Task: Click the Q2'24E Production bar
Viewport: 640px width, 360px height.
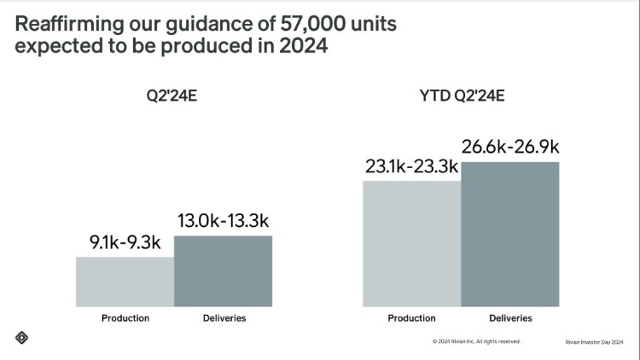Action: coord(125,282)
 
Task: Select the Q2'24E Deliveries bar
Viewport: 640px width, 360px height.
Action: coord(223,271)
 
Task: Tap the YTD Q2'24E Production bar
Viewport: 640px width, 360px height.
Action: coord(412,243)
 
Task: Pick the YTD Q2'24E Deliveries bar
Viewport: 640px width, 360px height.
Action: coord(510,234)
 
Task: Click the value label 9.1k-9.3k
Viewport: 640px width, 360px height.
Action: coord(125,243)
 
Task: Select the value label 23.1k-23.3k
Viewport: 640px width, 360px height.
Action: coord(412,167)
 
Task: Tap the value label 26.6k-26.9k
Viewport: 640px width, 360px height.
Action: coord(511,148)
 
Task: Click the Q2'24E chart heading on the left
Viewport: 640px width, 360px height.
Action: coord(173,96)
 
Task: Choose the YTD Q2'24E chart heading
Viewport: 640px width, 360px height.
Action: coord(461,96)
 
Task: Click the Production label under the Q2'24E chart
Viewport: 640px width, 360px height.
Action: coord(125,318)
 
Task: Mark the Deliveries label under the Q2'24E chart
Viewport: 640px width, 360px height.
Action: coord(224,318)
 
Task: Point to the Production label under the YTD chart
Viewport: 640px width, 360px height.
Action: coord(412,318)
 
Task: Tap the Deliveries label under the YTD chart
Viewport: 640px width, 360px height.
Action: coord(511,318)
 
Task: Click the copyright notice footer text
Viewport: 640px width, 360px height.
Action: coord(476,341)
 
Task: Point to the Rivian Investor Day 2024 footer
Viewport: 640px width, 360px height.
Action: coord(594,341)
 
